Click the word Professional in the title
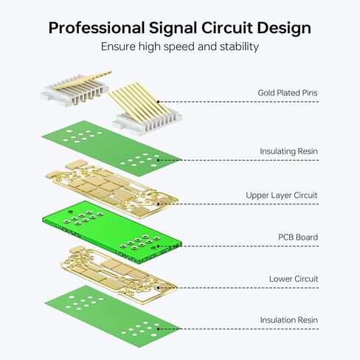[97, 28]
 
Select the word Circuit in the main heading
[227, 28]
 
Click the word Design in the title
[284, 28]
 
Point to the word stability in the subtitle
[239, 46]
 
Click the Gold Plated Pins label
[288, 93]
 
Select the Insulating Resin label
[288, 151]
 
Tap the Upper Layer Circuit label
[282, 195]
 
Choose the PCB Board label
[298, 237]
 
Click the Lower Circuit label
[294, 279]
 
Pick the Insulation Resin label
[289, 320]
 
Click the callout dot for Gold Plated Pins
[159, 102]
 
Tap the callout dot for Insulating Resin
[159, 160]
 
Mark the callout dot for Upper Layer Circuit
[159, 204]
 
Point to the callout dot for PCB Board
[159, 246]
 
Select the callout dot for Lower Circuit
[159, 288]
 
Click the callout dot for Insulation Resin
[159, 329]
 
